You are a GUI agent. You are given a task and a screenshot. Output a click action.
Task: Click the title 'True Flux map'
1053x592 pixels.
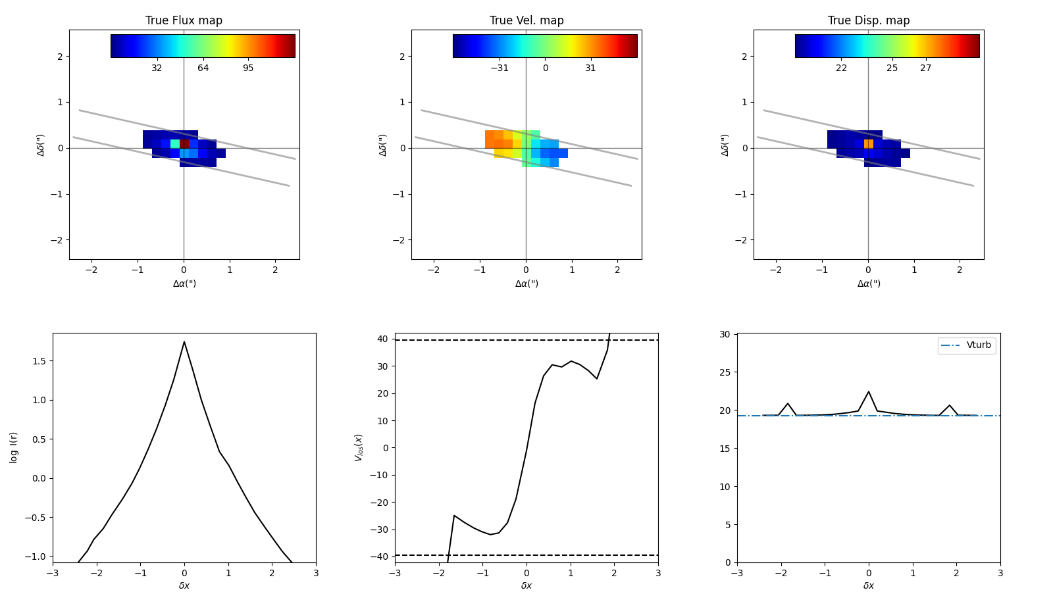[184, 20]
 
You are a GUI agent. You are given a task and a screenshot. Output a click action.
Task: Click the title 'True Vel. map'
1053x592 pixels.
[526, 20]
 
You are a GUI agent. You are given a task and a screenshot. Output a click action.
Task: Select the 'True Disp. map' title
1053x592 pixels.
[869, 20]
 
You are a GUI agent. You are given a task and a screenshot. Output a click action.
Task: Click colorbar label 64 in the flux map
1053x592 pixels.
[203, 68]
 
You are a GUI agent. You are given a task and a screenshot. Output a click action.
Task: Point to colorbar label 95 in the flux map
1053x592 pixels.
[248, 68]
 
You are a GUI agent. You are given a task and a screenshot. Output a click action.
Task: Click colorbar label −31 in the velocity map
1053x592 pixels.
[500, 68]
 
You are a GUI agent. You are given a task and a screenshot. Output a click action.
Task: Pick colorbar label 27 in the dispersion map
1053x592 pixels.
[925, 68]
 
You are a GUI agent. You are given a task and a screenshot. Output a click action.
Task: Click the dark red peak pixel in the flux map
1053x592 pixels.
[185, 143]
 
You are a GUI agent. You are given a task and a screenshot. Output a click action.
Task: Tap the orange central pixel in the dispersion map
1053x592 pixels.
[869, 143]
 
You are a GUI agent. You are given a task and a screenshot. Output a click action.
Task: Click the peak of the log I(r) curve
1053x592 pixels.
[184, 341]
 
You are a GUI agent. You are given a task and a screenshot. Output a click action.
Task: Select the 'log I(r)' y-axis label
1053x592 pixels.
[14, 447]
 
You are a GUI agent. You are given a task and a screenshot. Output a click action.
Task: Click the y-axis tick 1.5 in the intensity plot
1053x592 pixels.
[39, 361]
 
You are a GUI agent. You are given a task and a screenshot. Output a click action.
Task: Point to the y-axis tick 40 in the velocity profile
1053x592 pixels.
[382, 339]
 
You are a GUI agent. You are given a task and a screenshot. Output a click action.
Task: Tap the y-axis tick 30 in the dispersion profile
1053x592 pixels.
[725, 334]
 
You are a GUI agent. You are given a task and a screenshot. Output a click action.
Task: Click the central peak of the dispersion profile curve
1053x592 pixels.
[869, 391]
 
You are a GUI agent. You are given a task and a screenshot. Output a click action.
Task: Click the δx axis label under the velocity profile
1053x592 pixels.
[526, 585]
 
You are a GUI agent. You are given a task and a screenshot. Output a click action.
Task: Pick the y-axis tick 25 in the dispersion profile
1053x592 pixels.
[725, 372]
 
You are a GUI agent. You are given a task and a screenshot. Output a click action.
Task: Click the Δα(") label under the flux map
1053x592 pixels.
[184, 284]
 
